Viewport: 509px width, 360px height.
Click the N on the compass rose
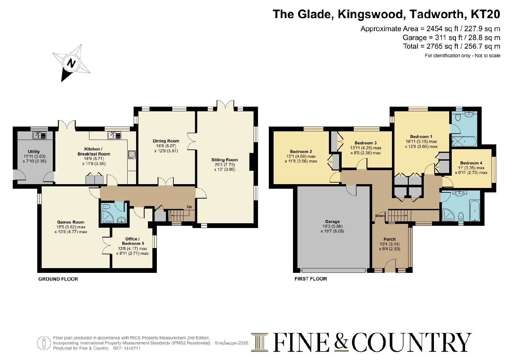(72, 63)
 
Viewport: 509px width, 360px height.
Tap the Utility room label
(34, 151)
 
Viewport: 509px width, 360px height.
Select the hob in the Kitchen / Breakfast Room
(132, 155)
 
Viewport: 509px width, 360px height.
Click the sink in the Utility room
(39, 135)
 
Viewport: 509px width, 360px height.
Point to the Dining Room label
(166, 141)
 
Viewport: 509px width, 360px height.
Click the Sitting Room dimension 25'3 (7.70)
(225, 165)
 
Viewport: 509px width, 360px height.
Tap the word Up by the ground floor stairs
(189, 207)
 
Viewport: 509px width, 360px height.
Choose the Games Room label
(71, 222)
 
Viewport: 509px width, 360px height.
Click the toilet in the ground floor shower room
(106, 207)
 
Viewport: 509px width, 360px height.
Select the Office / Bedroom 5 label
(133, 241)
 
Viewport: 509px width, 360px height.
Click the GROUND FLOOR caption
(58, 279)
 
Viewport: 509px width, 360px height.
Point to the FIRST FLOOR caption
(311, 279)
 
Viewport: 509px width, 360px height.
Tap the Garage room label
(332, 221)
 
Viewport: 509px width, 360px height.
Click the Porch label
(389, 239)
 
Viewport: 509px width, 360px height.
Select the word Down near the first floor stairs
(380, 216)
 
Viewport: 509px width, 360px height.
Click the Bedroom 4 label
(471, 163)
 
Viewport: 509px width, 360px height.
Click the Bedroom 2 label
(301, 151)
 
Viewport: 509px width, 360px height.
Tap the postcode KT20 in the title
(485, 14)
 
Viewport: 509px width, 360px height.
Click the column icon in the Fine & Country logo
(260, 342)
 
